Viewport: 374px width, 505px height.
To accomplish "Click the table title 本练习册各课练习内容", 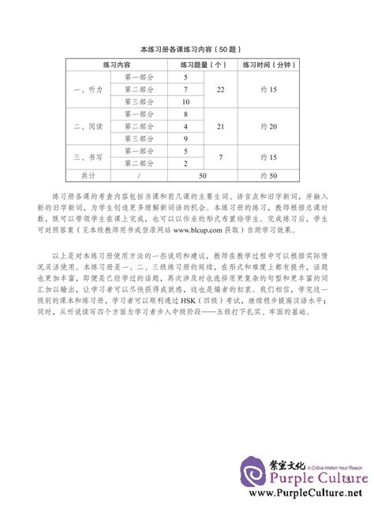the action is pyautogui.click(x=186, y=49).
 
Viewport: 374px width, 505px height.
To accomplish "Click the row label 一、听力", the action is pyautogui.click(x=80, y=91).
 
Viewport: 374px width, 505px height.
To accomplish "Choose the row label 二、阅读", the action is pyautogui.click(x=80, y=126).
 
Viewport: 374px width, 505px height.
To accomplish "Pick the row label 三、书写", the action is pyautogui.click(x=80, y=156).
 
